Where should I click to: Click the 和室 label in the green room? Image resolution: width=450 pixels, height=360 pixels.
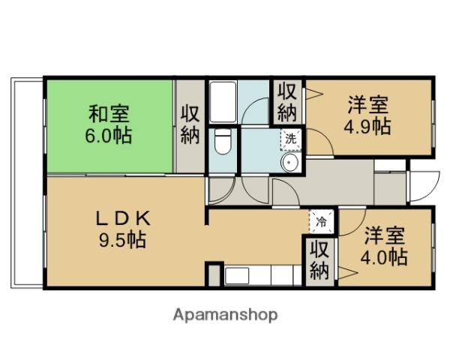[109, 115]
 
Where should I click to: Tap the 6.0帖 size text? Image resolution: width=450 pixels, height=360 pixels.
[109, 136]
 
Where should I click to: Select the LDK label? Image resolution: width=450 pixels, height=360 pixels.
[124, 218]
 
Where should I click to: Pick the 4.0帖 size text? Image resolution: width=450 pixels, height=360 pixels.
[385, 257]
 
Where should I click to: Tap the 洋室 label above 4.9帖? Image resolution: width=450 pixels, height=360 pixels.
[367, 103]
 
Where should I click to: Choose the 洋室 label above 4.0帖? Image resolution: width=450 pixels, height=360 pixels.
[385, 235]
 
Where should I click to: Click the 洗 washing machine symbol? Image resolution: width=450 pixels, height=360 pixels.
[290, 138]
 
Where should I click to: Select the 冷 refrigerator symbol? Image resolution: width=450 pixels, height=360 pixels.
[320, 221]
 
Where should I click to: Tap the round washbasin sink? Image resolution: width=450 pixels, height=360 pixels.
[289, 163]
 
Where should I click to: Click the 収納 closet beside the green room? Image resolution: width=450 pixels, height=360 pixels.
[190, 124]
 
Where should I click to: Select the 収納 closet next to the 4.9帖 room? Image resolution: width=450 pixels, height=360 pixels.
[287, 103]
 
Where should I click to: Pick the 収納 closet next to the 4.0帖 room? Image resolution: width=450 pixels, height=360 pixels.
[319, 259]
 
